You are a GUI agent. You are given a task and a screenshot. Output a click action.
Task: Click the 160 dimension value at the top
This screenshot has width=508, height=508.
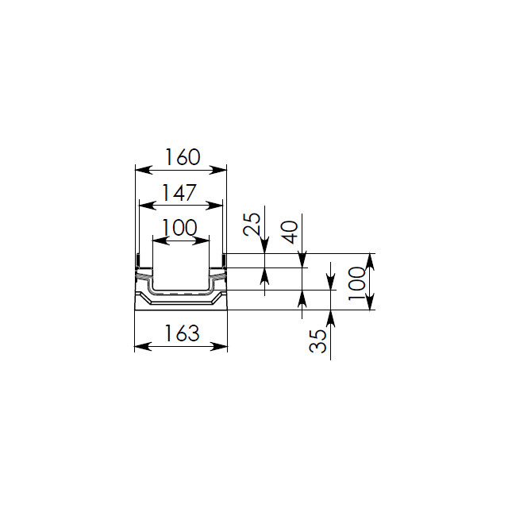click(183, 157)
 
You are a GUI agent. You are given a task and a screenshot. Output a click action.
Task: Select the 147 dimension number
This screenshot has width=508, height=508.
click(179, 192)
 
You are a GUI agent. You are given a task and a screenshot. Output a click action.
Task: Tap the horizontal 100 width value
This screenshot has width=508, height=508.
click(179, 228)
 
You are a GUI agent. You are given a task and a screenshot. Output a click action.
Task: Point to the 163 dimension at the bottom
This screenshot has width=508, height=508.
click(182, 333)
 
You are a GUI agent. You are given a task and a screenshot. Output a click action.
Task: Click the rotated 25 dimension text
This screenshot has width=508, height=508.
click(252, 224)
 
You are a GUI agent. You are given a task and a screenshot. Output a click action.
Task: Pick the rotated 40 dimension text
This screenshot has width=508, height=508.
click(289, 232)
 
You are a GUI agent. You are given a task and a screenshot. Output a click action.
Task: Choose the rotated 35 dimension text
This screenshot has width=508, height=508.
click(317, 341)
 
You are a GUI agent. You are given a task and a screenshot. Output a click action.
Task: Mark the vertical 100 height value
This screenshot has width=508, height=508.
click(356, 283)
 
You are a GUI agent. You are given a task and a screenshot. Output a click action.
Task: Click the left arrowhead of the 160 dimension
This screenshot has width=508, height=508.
click(144, 170)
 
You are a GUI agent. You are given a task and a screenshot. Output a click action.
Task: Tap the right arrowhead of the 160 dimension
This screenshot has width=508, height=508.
click(217, 170)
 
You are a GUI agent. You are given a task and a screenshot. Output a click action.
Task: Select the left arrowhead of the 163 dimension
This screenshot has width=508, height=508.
click(143, 346)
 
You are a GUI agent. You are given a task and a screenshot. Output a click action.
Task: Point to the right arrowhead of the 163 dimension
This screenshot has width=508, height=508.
click(219, 346)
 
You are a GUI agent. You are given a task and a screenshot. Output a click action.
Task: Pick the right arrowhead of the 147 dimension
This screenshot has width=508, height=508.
click(214, 205)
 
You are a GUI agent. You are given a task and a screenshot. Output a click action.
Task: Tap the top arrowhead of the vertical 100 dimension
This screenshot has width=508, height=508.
click(371, 262)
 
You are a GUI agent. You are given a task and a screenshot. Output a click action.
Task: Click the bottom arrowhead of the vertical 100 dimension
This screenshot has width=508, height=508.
click(371, 302)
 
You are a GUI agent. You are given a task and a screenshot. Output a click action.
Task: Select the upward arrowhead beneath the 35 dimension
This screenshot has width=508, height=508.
click(330, 319)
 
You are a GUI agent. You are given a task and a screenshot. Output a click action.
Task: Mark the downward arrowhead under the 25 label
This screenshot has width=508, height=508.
click(264, 244)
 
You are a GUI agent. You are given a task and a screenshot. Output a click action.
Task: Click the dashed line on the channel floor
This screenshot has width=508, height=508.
click(181, 294)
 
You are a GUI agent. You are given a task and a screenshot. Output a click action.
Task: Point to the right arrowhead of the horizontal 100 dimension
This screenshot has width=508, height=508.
click(201, 241)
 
